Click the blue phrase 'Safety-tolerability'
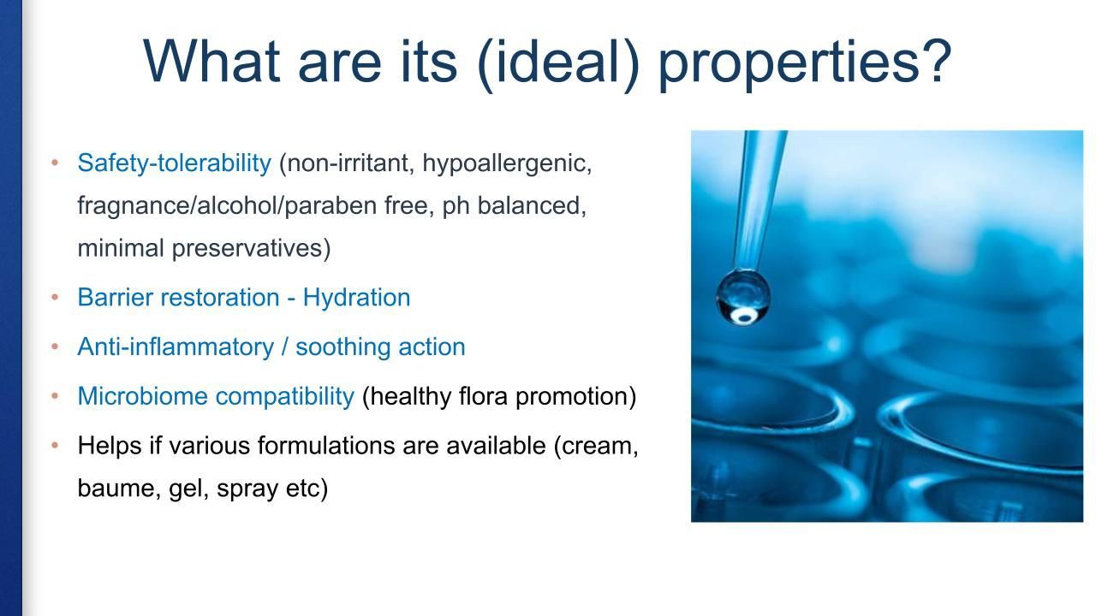coord(174,163)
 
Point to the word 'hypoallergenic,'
coord(507,163)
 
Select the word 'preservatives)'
coord(251,248)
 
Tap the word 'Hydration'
coord(357,297)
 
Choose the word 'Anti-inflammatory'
coord(176,346)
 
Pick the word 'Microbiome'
coord(142,396)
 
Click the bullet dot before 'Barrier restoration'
coord(55,297)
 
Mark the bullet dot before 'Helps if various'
coord(55,445)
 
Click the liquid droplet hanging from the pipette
coord(742,297)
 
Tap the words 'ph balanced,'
coord(515,205)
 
